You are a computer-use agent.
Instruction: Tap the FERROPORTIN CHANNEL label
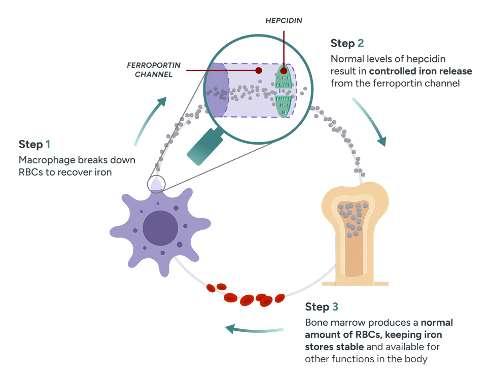click(150, 70)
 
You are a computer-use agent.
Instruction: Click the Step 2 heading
click(347, 43)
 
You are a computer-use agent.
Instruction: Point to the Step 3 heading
click(322, 307)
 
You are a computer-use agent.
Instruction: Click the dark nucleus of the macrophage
click(160, 227)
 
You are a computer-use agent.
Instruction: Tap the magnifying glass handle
click(202, 148)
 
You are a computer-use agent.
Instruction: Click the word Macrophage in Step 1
click(46, 160)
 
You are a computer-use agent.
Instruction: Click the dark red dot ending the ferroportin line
click(258, 70)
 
